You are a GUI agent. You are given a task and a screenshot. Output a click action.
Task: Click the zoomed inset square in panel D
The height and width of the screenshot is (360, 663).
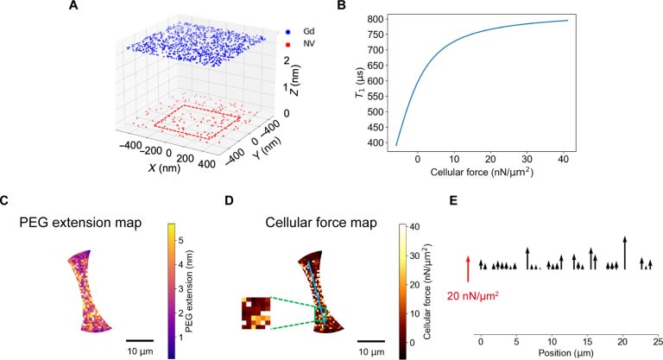click(x=256, y=313)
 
